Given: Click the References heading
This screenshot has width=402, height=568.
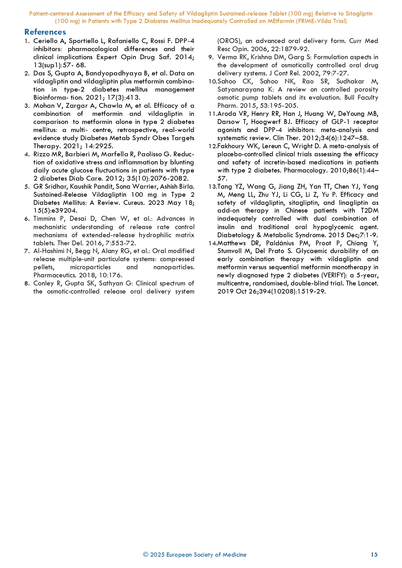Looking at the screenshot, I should (x=45, y=32).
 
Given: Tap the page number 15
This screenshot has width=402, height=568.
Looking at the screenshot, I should (x=374, y=554).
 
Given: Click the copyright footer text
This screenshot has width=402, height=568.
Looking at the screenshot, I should (x=195, y=554).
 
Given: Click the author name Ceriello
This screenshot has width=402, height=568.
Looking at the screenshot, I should (x=45, y=41).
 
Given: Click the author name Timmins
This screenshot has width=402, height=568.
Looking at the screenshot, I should (x=44, y=218).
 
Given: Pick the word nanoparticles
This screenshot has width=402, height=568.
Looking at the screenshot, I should (x=174, y=267).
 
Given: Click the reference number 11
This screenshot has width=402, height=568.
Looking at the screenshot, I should (x=212, y=114).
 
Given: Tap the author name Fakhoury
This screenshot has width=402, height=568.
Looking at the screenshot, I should (x=231, y=146).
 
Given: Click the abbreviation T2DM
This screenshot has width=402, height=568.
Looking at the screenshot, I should (x=369, y=211).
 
